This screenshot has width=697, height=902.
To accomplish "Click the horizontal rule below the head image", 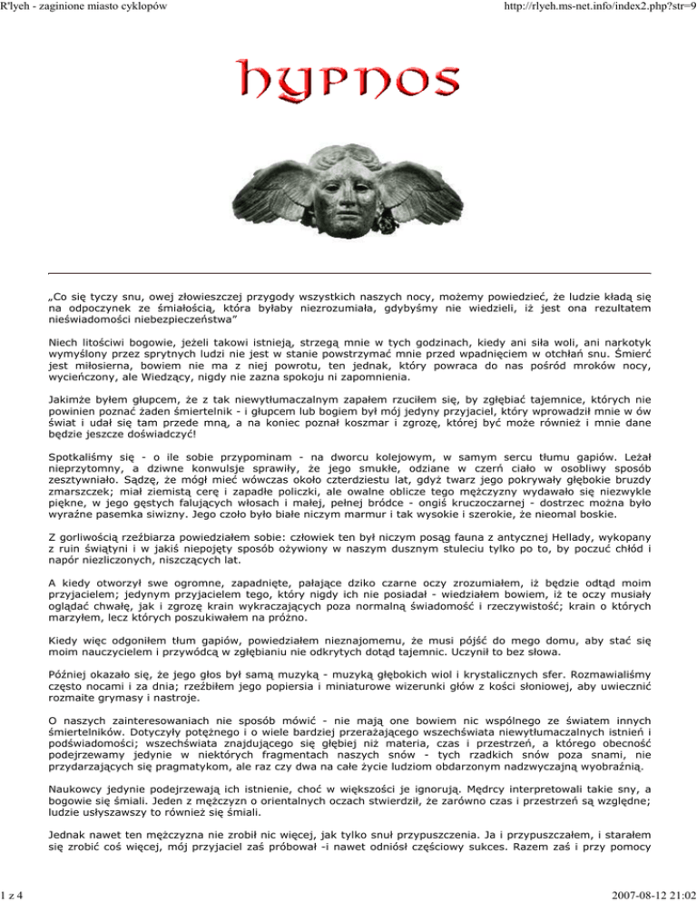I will coord(348,272).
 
